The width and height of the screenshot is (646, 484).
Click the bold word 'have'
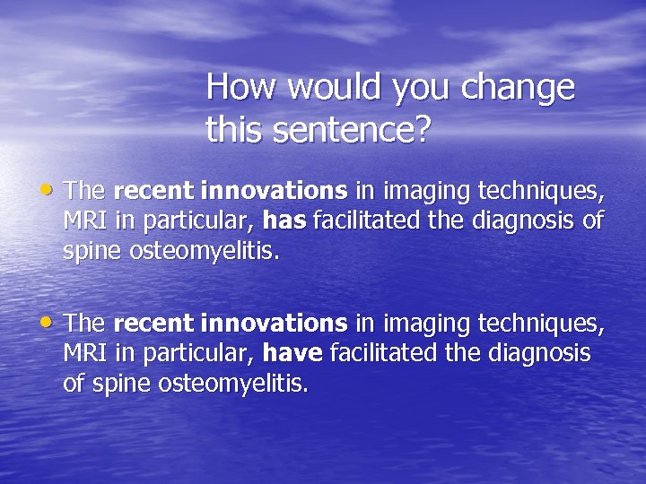292,354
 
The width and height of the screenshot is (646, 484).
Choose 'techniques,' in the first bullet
542,191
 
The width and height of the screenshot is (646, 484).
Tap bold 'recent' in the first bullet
154,191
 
